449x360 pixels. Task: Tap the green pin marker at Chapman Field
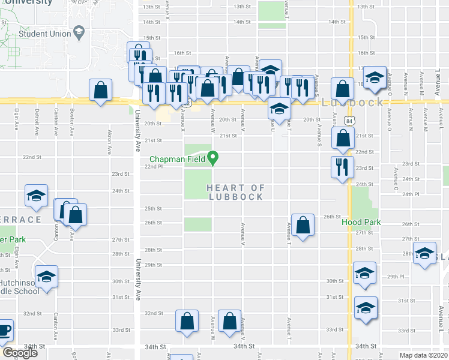[x=212, y=158]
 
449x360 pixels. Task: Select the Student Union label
[x=41, y=34]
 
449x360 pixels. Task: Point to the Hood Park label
[x=360, y=222]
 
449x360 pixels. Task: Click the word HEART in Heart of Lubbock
[x=227, y=188]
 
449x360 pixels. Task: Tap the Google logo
[x=20, y=353]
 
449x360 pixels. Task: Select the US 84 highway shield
[x=348, y=121]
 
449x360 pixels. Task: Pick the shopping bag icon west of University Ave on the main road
[x=101, y=90]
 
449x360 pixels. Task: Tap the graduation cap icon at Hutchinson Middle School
[x=46, y=277]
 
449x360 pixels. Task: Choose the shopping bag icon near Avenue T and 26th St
[x=303, y=225]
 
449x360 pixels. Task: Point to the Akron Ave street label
[x=110, y=140]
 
